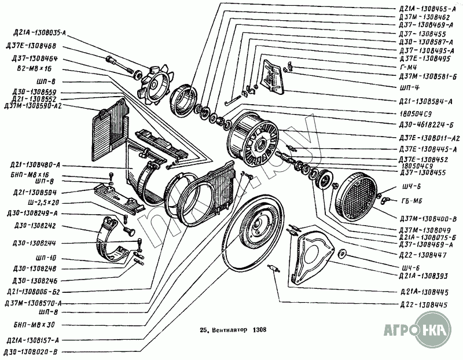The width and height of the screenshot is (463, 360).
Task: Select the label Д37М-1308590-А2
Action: click(33, 106)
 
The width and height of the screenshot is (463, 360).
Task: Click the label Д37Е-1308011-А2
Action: click(428, 139)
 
